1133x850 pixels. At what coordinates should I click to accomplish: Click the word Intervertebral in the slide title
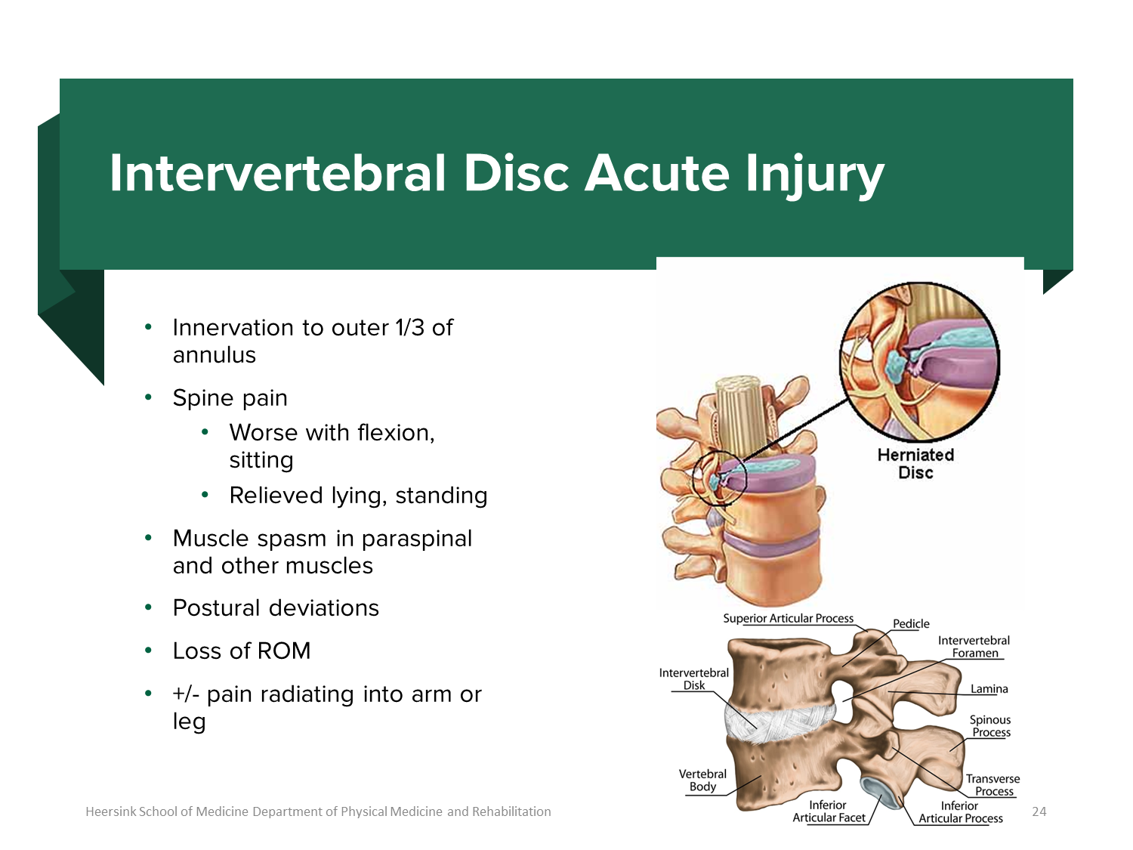[x=278, y=173]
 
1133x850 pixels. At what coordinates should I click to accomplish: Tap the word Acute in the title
[x=656, y=173]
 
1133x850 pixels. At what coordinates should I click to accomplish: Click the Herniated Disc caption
[x=915, y=463]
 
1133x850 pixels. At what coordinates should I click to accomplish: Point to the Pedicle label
[x=911, y=623]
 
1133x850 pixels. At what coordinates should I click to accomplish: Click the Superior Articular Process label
[x=788, y=618]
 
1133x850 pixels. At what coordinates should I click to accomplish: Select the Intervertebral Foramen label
[x=974, y=647]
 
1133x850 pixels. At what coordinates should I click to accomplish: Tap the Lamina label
[x=989, y=688]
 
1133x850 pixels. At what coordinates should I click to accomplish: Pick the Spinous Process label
[x=990, y=726]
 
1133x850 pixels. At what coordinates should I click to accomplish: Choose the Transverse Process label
[x=993, y=785]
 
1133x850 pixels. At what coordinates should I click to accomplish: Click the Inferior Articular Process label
[x=960, y=812]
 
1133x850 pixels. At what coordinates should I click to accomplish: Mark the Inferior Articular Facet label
[x=828, y=811]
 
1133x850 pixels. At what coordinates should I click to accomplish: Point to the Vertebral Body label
[x=702, y=780]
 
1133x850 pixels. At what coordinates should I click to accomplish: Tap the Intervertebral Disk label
[x=693, y=678]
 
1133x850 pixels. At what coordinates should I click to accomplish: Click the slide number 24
[x=1039, y=811]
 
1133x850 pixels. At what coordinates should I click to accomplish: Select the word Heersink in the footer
[x=110, y=811]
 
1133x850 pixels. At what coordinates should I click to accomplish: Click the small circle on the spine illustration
[x=720, y=478]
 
